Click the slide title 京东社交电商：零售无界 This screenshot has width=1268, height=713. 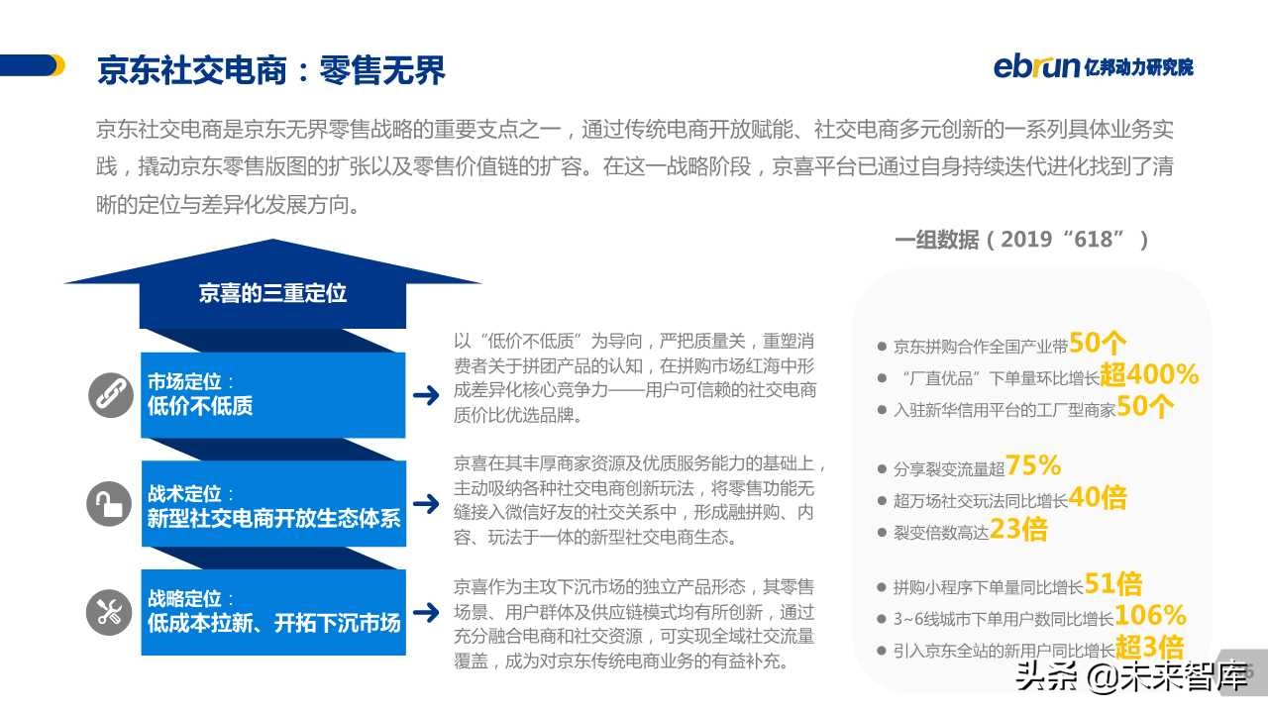(271, 70)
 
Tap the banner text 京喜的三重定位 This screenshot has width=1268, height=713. (272, 293)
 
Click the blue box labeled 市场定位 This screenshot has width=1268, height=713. (272, 394)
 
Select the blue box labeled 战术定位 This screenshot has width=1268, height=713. (272, 505)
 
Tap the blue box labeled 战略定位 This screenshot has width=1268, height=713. (272, 612)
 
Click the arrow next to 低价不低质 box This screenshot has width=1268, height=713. (426, 395)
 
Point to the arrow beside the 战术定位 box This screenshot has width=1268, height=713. (426, 504)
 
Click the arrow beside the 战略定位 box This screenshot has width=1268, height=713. (426, 612)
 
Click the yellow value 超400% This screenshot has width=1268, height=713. (1149, 375)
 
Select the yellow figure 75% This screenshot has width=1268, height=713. (1033, 464)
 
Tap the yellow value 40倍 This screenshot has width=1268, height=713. (1098, 497)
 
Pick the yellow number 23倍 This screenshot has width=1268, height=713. (1018, 530)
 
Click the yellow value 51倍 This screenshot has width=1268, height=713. (1113, 583)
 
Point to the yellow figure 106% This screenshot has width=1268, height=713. (1150, 616)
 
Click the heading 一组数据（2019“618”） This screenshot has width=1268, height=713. (1021, 240)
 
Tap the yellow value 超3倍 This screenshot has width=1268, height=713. (1149, 649)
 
